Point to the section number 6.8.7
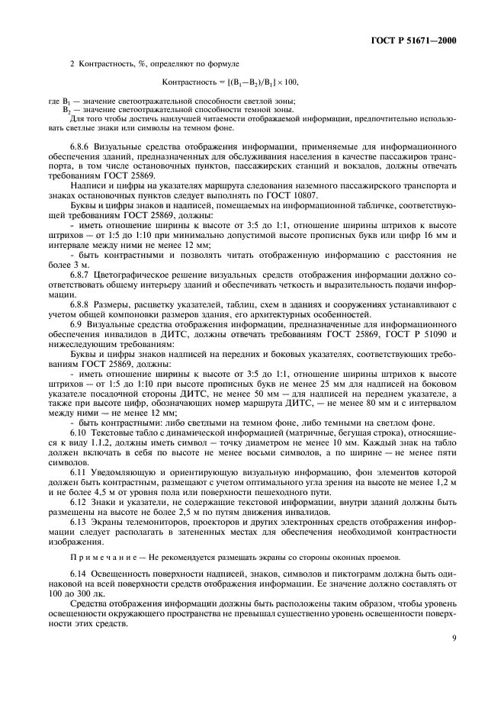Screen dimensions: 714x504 [82, 274]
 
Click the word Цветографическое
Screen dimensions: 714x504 [136, 274]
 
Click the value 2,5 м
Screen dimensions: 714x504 [199, 516]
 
